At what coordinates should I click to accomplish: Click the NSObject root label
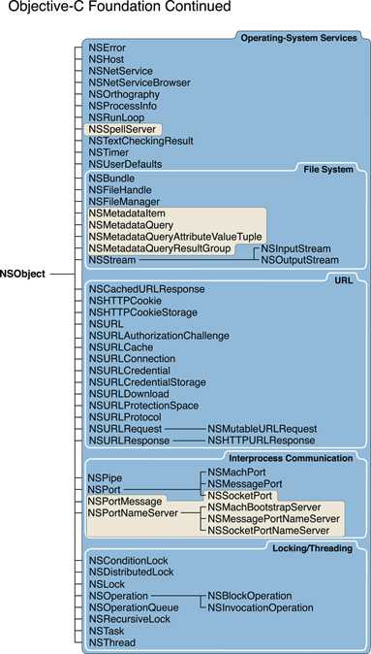point(23,275)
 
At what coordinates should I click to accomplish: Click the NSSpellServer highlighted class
point(123,128)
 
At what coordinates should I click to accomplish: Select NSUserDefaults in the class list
point(125,164)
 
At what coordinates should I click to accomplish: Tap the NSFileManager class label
point(125,201)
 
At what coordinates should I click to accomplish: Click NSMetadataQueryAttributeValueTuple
point(174,237)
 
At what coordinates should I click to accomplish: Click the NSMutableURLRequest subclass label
point(262,428)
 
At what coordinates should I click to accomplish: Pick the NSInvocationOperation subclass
point(261,607)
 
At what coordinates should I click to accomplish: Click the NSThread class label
point(112,641)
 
